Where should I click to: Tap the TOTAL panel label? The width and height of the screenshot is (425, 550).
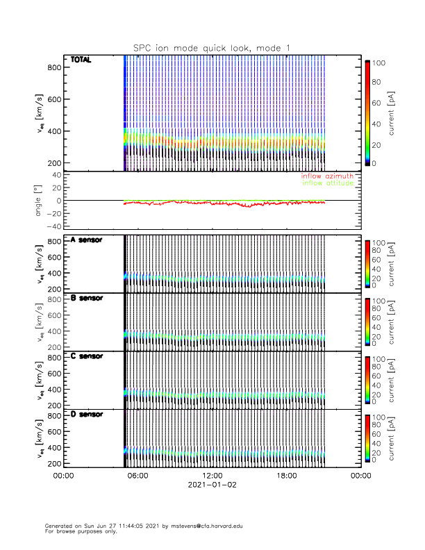(x=81, y=61)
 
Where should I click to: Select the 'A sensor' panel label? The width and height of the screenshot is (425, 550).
(x=87, y=240)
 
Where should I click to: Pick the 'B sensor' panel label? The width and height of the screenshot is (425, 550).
(x=87, y=299)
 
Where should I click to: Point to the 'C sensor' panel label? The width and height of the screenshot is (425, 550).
(x=87, y=356)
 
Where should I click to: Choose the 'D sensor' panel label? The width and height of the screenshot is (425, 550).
(x=87, y=415)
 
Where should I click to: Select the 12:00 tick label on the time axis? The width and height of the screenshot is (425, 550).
(x=212, y=476)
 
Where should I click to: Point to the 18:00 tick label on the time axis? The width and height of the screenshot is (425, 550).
(x=286, y=476)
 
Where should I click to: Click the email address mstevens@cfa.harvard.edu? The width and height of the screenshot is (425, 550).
(x=198, y=526)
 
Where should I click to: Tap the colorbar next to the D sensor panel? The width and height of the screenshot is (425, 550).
(x=366, y=439)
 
